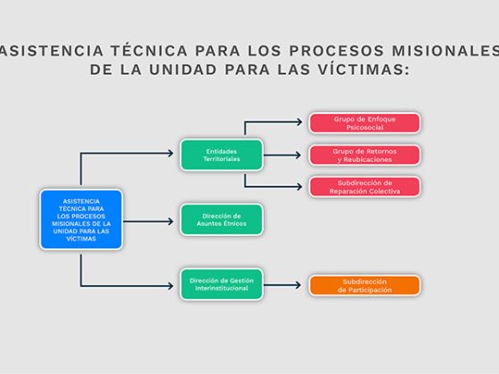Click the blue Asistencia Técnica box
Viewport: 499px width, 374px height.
pos(81,219)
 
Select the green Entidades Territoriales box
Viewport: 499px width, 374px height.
pos(222,155)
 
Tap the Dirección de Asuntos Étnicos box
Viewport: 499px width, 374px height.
pos(222,219)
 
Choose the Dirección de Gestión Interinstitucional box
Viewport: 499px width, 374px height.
pos(222,284)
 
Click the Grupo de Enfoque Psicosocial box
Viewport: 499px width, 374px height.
pos(364,123)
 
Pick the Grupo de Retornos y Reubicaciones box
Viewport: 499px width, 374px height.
pos(364,155)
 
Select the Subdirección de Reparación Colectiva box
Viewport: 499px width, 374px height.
pos(364,187)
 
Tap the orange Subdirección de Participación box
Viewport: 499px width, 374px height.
pos(364,286)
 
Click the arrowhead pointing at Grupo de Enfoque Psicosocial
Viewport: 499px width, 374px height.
pos(299,122)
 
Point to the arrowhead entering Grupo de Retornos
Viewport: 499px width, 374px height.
pos(298,155)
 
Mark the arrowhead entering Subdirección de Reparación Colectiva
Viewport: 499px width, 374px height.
pos(299,187)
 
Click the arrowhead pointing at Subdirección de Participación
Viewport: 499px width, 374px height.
pos(298,285)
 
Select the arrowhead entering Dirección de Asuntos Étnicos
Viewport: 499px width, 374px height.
pos(170,222)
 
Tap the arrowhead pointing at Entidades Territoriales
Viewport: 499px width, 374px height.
pos(170,153)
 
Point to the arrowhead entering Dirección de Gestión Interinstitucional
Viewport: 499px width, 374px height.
pos(170,286)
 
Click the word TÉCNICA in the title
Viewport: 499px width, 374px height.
pos(150,51)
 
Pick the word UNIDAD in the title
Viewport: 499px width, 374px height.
pos(183,69)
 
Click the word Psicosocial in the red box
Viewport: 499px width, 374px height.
pos(364,127)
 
